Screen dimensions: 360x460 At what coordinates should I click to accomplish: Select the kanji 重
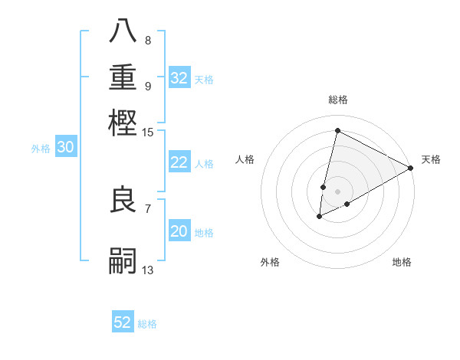pos(123,77)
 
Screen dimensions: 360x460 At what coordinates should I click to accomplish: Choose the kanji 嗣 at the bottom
pos(123,260)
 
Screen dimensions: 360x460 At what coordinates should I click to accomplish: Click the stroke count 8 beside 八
pos(147,41)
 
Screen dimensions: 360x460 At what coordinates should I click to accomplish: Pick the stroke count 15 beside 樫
pos(148,133)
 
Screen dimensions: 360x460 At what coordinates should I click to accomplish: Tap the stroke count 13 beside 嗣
pos(148,270)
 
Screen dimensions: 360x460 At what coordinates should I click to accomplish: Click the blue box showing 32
pos(179,77)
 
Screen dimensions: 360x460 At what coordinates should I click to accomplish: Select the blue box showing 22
pos(179,162)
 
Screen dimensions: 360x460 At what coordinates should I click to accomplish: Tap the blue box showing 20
pos(179,231)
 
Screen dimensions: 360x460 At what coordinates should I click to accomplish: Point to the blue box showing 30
pos(65,148)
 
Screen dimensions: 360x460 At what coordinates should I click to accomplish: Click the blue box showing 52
pos(123,322)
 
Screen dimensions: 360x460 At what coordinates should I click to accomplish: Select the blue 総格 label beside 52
pos(147,324)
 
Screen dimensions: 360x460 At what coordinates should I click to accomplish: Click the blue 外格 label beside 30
pos(41,149)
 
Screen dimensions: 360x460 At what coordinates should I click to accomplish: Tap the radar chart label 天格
pos(431,159)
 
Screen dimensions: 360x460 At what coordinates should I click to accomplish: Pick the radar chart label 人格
pos(245,159)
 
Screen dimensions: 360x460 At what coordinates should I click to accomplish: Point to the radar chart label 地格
pos(402,262)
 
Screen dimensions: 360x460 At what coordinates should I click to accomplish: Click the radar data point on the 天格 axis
pos(411,168)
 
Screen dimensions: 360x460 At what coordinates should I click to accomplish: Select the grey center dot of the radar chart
pos(337,191)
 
